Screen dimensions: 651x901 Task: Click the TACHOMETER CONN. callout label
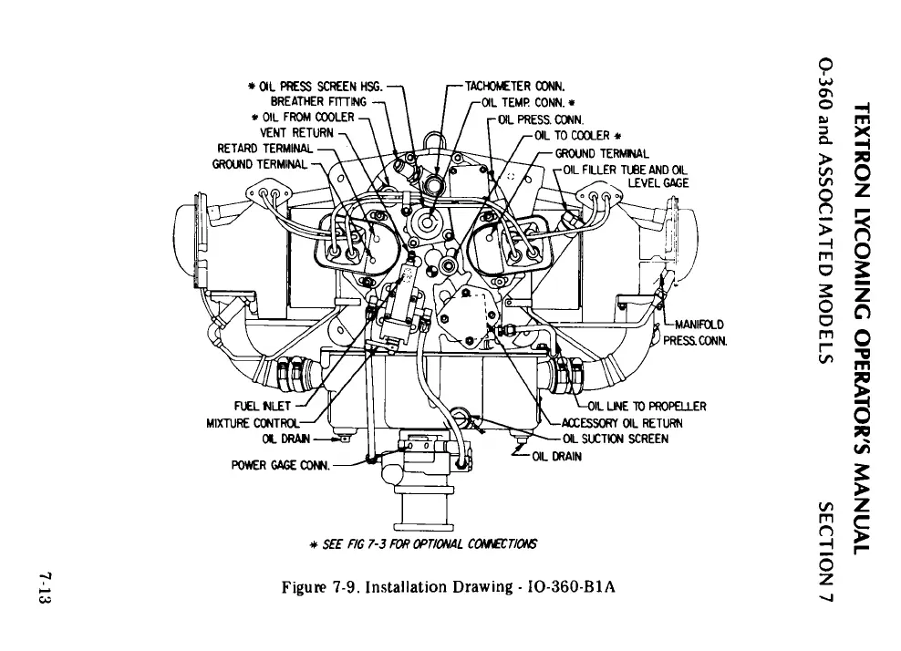(516, 88)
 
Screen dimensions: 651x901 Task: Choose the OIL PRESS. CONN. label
(542, 118)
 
